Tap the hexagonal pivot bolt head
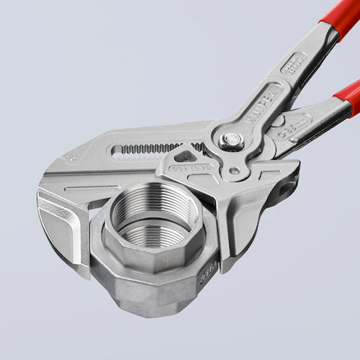pos(233,140)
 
